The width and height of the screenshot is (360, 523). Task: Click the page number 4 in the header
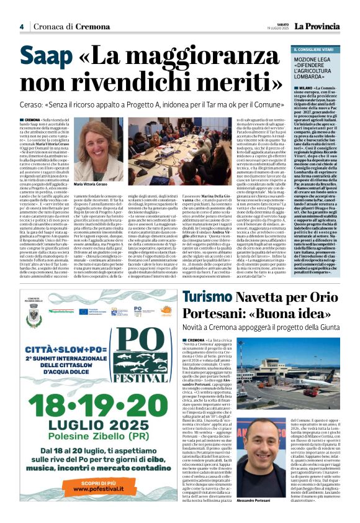tap(21, 27)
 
